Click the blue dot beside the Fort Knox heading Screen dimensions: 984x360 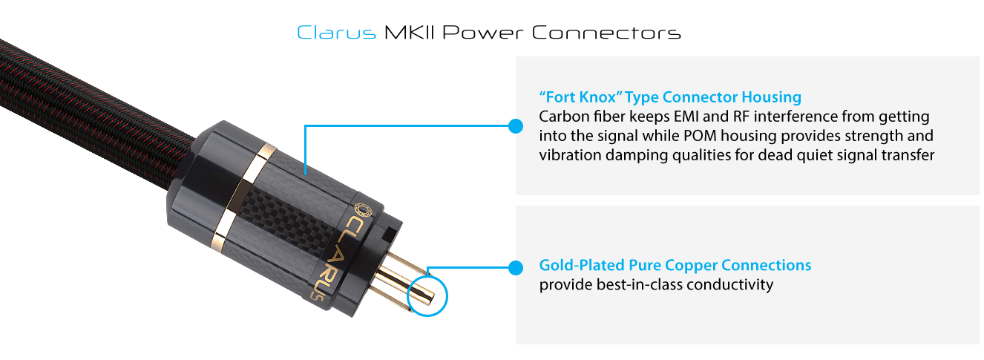pyautogui.click(x=516, y=126)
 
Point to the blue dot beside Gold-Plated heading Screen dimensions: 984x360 pyautogui.click(x=516, y=266)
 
